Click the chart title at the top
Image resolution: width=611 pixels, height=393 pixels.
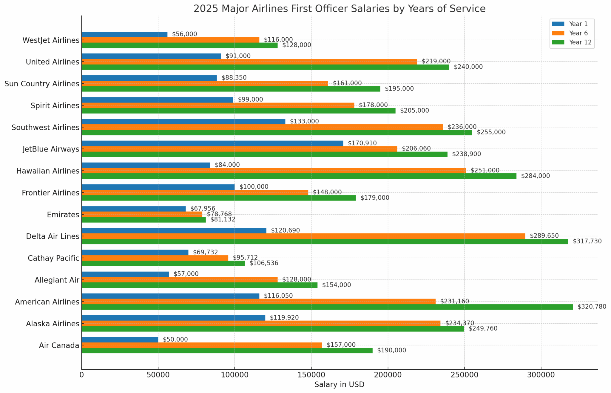click(339, 9)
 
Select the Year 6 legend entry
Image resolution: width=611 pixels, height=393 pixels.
click(578, 33)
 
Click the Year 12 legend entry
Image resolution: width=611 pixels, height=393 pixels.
click(580, 42)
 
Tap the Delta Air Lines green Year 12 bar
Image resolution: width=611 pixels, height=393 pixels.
click(325, 241)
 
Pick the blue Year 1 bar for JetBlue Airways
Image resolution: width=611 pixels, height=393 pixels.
click(212, 143)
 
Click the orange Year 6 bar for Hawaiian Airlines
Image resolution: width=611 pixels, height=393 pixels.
click(274, 171)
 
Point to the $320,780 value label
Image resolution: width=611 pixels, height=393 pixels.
click(592, 307)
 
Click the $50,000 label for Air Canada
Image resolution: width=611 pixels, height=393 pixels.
click(175, 340)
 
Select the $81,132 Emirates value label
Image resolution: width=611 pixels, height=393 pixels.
click(223, 220)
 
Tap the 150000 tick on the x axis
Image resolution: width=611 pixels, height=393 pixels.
click(311, 375)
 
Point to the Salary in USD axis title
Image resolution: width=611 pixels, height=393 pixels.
click(339, 385)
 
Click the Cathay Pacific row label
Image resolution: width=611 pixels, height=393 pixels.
click(53, 258)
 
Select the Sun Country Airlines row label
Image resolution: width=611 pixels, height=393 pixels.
click(42, 84)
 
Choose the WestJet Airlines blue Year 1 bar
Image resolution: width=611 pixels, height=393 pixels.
click(124, 34)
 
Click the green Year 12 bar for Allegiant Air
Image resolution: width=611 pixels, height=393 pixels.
click(199, 285)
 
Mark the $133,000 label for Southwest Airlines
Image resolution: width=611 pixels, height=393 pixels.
click(304, 122)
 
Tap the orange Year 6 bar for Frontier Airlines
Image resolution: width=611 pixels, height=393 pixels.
click(195, 192)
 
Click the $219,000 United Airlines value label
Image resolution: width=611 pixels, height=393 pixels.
click(436, 62)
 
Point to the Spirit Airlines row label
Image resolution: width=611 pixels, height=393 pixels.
click(55, 105)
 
